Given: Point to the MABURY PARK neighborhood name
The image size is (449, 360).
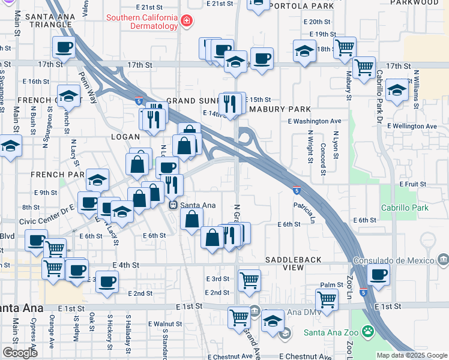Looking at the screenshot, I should [280, 109].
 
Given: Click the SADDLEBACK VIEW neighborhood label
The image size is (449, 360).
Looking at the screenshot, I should [294, 263].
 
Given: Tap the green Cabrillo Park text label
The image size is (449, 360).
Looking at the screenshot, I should [404, 208].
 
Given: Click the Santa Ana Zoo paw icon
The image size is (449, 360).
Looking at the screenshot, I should [367, 331].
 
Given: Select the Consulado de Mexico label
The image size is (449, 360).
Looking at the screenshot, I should [393, 260].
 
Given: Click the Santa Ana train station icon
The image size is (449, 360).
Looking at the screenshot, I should [173, 205].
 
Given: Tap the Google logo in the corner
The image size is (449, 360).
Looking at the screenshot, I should [20, 353].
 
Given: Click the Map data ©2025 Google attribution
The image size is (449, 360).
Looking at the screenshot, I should [412, 355].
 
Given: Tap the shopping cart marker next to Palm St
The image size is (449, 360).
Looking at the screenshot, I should [327, 298].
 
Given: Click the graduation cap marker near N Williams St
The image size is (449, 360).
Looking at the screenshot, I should [397, 89].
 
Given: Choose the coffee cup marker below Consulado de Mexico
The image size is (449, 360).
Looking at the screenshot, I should [378, 275].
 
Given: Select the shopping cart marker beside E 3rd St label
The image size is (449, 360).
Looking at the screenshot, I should [249, 279].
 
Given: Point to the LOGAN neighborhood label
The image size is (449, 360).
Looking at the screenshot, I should [109, 137].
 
